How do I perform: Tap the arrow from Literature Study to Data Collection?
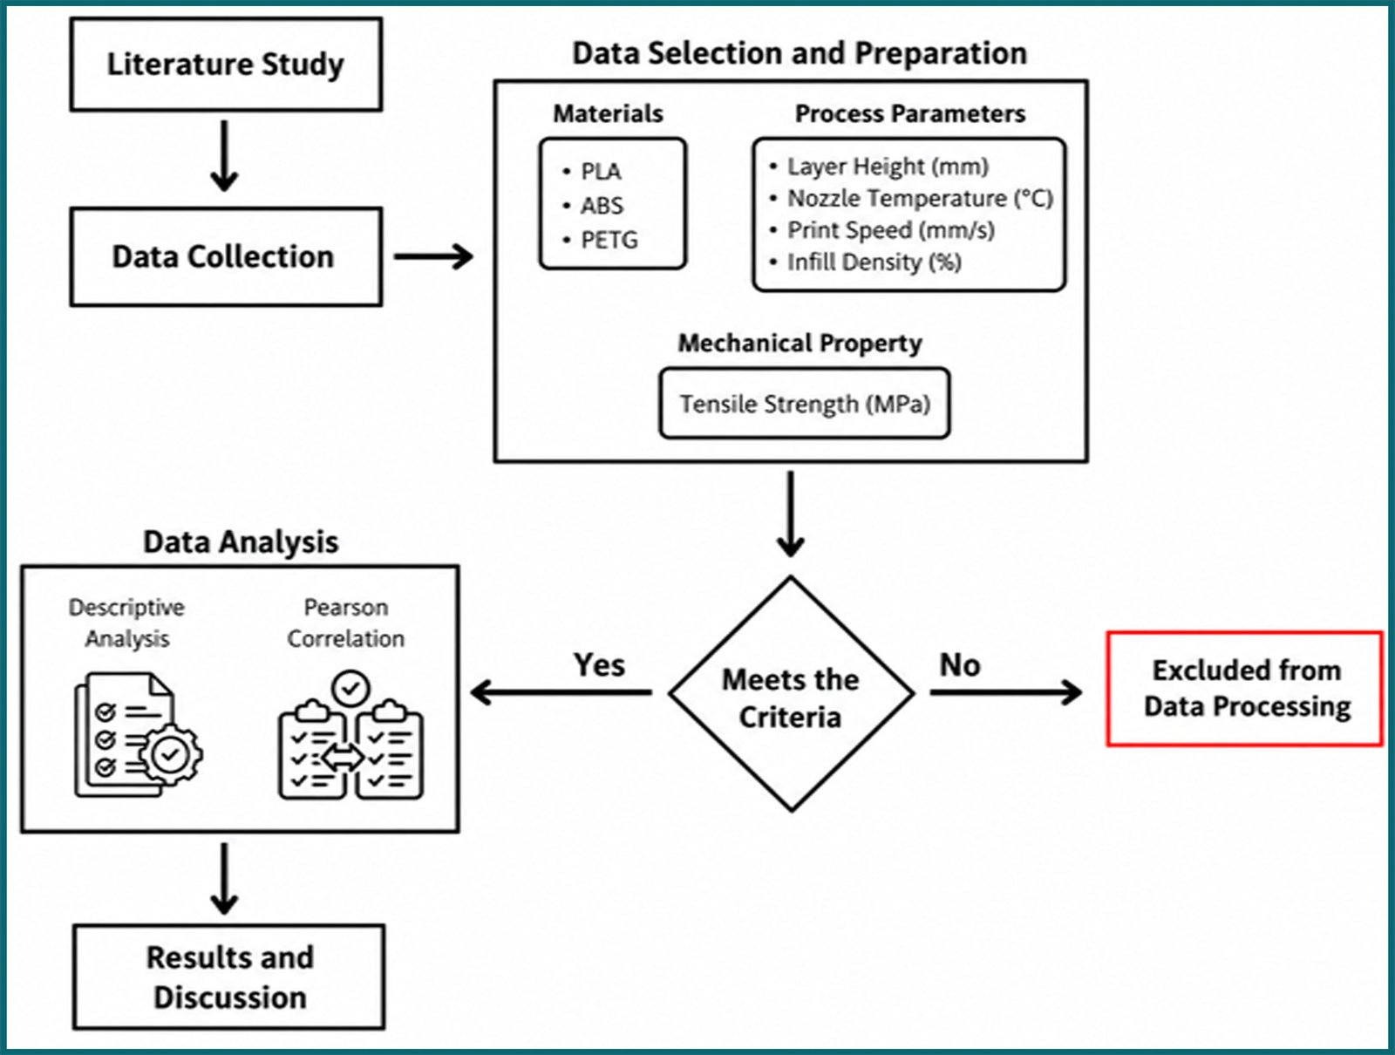(224, 156)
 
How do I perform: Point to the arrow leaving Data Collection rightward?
(433, 256)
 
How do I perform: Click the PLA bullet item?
(593, 172)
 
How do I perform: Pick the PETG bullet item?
(601, 241)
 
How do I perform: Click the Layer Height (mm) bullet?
(880, 167)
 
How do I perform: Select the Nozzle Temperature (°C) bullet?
(911, 198)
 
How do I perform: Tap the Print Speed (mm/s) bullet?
(882, 230)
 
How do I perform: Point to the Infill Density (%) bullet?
(866, 262)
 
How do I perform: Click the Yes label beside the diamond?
(599, 665)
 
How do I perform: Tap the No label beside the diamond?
(960, 665)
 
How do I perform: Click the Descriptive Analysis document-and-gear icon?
(139, 735)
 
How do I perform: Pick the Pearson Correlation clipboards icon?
(350, 735)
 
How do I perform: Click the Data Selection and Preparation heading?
(800, 53)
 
